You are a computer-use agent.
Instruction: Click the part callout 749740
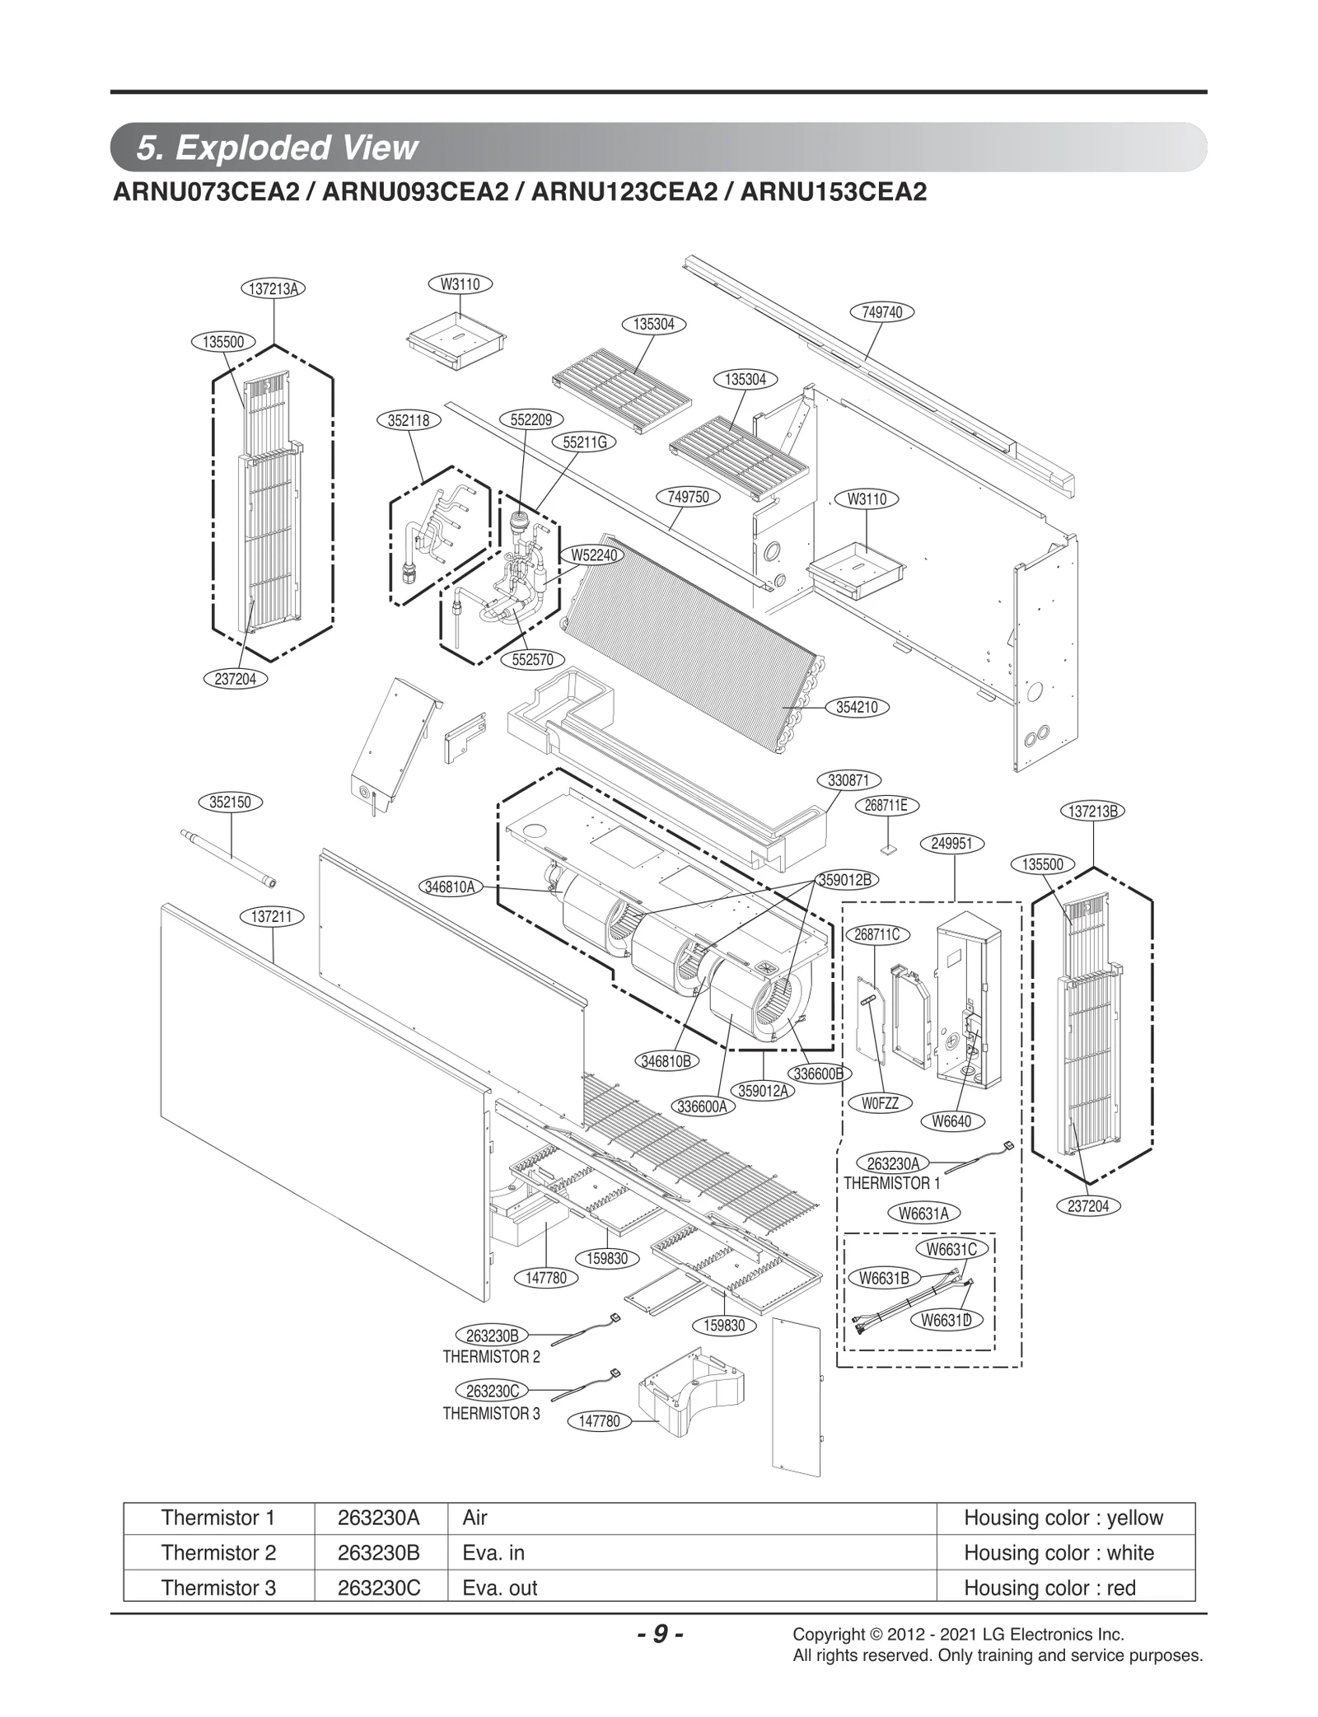pos(881,312)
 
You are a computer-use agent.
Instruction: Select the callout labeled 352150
pos(231,802)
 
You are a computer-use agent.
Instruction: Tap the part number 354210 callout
pos(857,707)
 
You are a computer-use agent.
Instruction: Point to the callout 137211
pos(273,917)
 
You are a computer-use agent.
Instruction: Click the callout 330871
pos(849,780)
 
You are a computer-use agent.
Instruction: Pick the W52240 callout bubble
pos(594,555)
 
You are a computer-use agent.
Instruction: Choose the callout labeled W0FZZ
pos(880,1103)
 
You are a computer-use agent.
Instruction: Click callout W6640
pos(951,1121)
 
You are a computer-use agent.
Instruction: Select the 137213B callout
pos(1092,811)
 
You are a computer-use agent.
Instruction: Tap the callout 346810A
pos(450,887)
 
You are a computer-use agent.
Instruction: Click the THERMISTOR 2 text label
pos(491,1357)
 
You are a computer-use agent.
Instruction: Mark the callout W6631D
pos(946,1321)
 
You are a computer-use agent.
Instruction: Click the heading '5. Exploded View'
pos(278,147)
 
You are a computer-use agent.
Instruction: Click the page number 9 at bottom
pos(660,1634)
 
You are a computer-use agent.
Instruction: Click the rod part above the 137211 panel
pos(228,858)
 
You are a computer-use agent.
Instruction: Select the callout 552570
pos(533,660)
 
